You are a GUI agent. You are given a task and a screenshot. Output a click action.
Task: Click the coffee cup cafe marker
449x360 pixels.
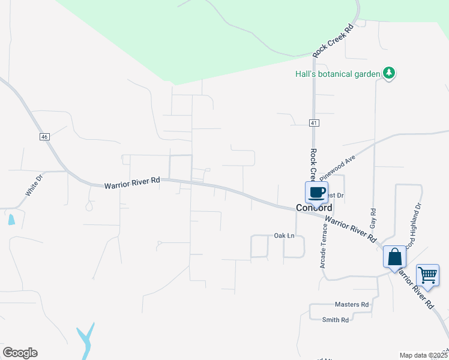316,193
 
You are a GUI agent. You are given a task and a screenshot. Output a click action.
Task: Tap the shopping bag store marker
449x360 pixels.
394,257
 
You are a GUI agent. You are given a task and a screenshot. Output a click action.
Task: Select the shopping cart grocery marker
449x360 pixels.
427,275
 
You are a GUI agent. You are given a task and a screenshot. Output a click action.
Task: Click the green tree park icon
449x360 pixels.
390,73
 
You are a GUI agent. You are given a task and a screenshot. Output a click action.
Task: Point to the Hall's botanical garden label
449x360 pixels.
338,74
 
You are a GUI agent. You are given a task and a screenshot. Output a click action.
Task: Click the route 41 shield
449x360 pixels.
314,123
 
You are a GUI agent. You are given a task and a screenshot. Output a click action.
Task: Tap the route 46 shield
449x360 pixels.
44,137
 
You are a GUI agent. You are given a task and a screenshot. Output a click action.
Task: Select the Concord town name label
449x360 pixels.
314,208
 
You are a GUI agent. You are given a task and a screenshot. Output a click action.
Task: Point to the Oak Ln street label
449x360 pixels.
285,235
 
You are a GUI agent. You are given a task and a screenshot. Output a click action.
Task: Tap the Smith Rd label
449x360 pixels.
336,320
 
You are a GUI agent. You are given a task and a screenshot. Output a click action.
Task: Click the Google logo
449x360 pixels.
20,353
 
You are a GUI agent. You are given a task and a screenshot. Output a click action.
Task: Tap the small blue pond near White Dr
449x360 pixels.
11,219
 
